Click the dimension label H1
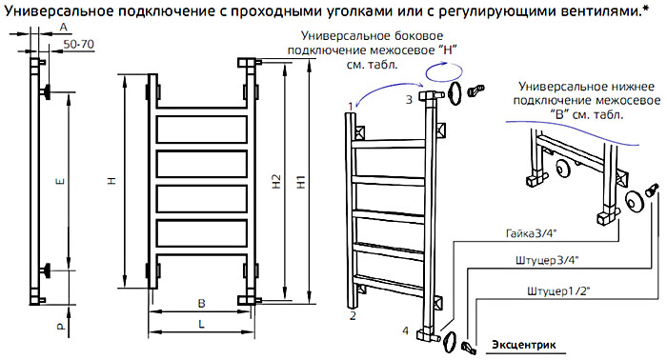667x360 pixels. pos(301,182)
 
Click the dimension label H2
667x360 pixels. pos(276,182)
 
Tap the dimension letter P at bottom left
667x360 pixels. pos(61,327)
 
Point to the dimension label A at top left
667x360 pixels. pos(64,28)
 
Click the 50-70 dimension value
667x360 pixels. pos(79,44)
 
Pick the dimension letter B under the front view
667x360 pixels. pos(202,304)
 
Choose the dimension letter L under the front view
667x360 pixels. pos(201,324)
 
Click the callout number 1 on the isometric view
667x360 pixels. pos(351,107)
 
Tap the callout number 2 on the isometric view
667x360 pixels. pos(353,316)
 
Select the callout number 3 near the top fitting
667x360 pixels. pos(409,100)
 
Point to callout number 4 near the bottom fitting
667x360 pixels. pos(405,330)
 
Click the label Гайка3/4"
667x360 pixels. pos(532,233)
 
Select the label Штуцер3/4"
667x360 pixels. pos(547,261)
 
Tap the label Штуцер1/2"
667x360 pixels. pos(558,291)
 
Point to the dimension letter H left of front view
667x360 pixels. pos(111,182)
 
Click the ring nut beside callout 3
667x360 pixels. pos(455,94)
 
